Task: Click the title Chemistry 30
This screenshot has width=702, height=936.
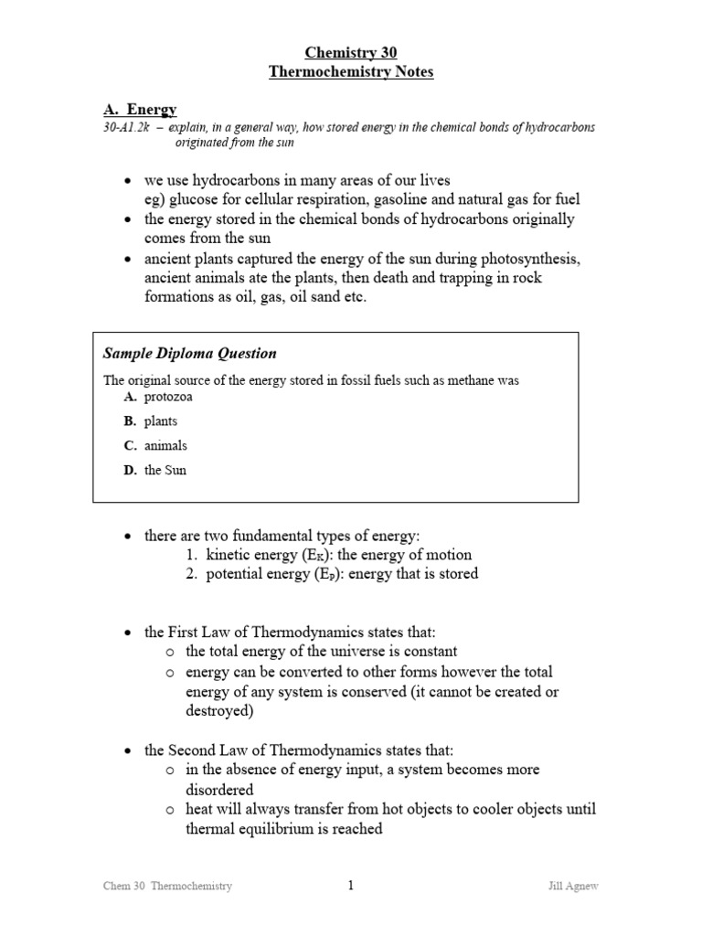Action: tap(351, 53)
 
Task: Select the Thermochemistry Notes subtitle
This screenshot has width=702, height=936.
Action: tap(351, 72)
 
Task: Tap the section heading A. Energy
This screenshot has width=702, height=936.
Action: tap(140, 110)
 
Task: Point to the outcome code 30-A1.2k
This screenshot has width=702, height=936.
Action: tap(130, 128)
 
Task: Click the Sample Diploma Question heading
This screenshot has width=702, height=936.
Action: tap(189, 354)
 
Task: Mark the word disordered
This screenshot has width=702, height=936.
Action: tap(219, 789)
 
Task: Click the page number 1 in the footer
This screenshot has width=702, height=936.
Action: tap(350, 885)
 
